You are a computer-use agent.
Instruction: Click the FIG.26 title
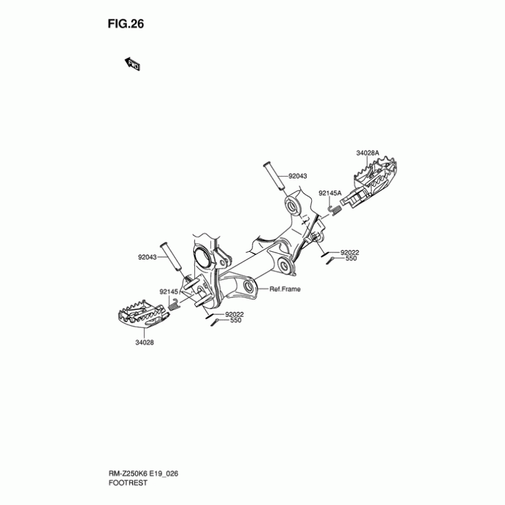(x=127, y=25)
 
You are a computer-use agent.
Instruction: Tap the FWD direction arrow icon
(x=133, y=64)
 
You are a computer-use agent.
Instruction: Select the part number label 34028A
(x=367, y=153)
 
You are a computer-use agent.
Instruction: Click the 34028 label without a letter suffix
(x=145, y=342)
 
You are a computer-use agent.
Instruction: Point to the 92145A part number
(x=330, y=193)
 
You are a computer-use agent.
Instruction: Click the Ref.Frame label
(x=285, y=289)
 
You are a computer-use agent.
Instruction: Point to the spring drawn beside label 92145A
(x=336, y=207)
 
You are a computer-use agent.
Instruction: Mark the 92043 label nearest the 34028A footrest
(x=297, y=177)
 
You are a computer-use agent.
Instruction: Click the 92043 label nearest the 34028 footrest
(x=148, y=258)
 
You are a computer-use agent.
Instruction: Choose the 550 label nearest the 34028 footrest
(x=235, y=320)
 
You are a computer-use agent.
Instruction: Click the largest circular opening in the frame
(x=203, y=256)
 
